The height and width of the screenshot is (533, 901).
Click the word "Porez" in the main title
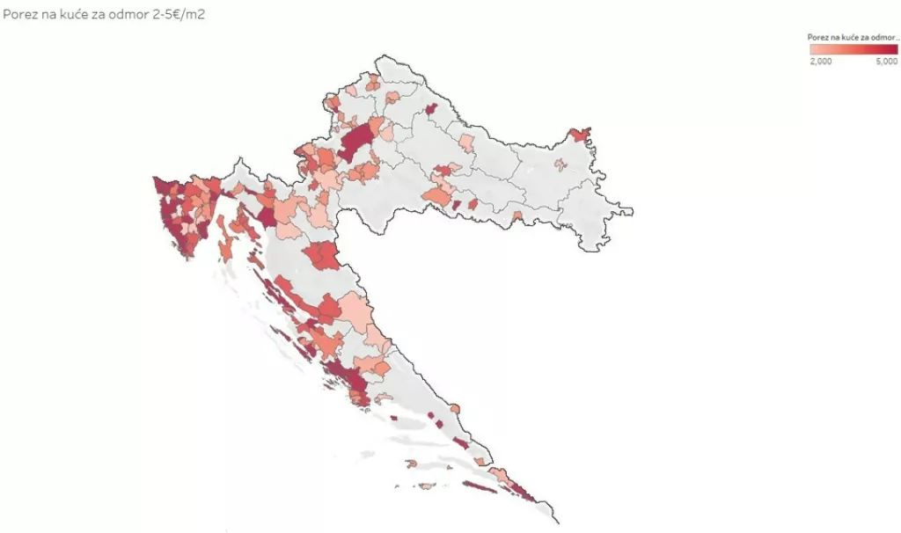click(x=18, y=15)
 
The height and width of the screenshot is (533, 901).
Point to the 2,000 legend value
click(x=820, y=62)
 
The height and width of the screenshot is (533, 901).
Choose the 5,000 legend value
click(x=886, y=62)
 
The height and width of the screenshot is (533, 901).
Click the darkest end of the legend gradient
click(x=892, y=49)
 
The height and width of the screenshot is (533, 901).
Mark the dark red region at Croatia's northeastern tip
click(x=580, y=135)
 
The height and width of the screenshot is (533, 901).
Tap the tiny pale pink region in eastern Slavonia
click(x=559, y=164)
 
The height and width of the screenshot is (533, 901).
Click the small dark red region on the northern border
click(x=431, y=109)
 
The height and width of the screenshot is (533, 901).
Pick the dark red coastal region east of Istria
click(x=266, y=215)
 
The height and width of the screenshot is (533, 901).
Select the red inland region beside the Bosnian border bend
click(x=323, y=256)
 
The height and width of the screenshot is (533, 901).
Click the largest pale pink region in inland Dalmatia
click(x=356, y=308)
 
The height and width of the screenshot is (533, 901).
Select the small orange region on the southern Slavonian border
click(x=517, y=215)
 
